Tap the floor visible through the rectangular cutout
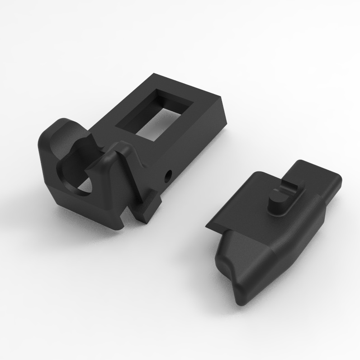pyautogui.click(x=152, y=129)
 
